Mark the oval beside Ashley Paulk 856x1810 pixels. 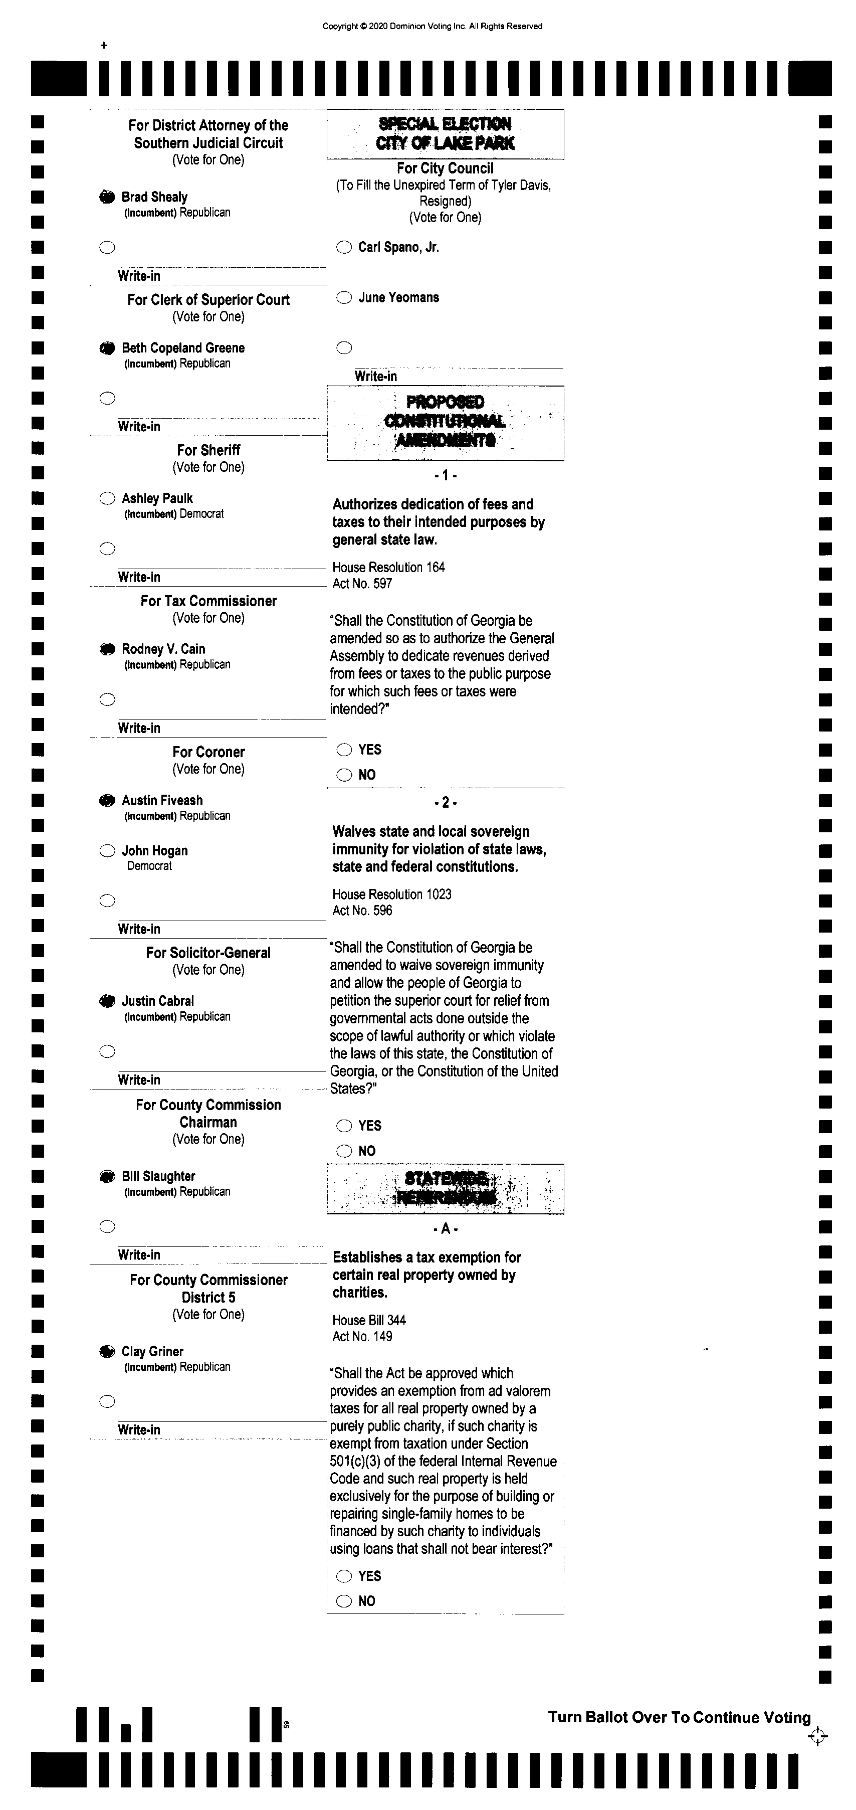coord(107,499)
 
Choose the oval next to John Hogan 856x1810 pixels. coord(107,851)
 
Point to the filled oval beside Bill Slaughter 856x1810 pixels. coord(107,1176)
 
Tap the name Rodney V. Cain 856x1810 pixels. coord(163,648)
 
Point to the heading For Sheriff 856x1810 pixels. coord(208,450)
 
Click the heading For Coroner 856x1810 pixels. coord(208,752)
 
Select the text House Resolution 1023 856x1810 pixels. coord(392,894)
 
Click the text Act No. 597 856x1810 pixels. coord(362,583)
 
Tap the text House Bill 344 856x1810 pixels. coord(369,1320)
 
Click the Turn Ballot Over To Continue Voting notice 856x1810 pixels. coord(679,1717)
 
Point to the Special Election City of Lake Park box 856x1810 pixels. coord(445,133)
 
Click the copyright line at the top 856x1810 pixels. coord(432,27)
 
